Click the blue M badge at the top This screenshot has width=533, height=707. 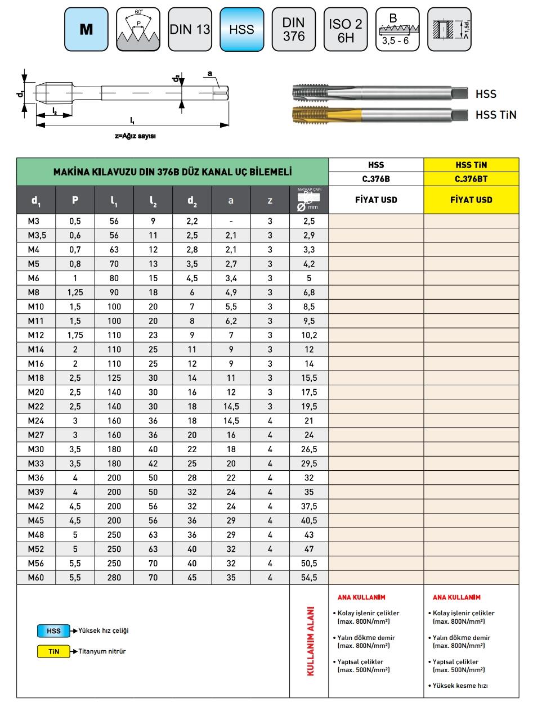(x=86, y=29)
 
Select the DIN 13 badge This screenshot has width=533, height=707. (x=190, y=29)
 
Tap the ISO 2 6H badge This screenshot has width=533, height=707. (x=345, y=29)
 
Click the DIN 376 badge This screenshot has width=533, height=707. (x=293, y=29)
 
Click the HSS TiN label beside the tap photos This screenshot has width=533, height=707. (x=496, y=115)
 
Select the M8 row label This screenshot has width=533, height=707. (x=35, y=292)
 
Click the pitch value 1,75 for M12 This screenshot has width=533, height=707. (x=75, y=335)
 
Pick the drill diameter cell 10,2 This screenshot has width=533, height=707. (x=309, y=335)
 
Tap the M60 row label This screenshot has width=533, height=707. (x=35, y=577)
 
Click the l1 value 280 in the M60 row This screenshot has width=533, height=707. (x=114, y=577)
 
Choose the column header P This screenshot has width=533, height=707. (x=75, y=200)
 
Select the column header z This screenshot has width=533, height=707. (x=270, y=200)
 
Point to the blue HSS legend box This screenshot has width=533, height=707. (x=53, y=631)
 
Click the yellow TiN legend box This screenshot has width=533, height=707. (x=53, y=651)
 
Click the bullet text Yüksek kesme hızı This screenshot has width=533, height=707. (x=460, y=686)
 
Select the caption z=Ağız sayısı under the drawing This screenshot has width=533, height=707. (x=135, y=136)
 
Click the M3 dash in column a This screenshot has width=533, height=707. (x=230, y=221)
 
